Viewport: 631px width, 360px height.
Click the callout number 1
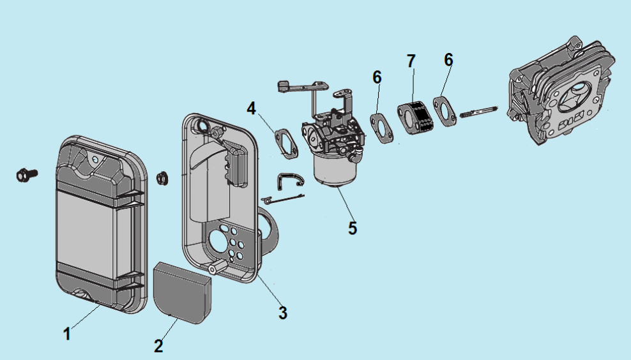coord(67,333)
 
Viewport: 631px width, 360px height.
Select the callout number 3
coord(282,313)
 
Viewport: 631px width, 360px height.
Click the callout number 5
coord(353,228)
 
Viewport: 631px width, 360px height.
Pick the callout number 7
coord(411,61)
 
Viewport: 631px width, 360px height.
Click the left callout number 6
coord(377,77)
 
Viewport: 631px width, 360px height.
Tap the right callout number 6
coord(448,59)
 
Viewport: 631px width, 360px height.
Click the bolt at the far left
coord(26,173)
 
